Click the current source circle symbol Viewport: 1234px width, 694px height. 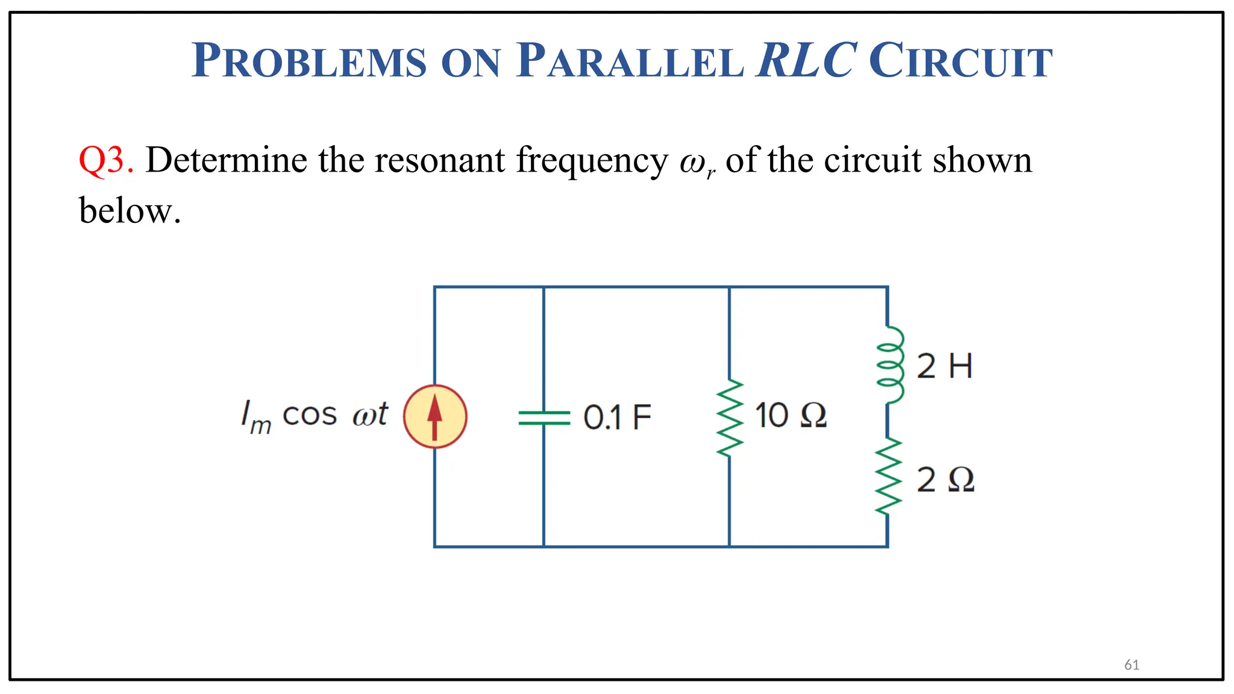click(x=434, y=416)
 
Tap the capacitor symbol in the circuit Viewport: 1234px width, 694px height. click(x=543, y=417)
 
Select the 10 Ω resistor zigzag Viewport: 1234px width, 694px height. click(x=729, y=418)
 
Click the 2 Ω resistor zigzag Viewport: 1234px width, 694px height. click(x=888, y=477)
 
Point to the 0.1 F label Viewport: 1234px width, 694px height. click(x=617, y=417)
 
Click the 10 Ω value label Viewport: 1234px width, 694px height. click(x=790, y=416)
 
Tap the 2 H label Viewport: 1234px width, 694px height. click(x=944, y=366)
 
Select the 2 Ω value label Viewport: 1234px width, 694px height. click(x=945, y=480)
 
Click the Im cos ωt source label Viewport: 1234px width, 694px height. click(x=314, y=416)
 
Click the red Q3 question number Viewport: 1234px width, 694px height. click(x=105, y=160)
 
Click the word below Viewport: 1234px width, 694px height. click(x=130, y=211)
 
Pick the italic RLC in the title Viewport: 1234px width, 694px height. click(x=806, y=60)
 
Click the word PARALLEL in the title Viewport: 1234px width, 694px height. click(x=630, y=61)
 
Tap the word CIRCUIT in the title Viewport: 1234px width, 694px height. click(x=960, y=61)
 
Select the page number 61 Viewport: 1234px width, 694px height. click(x=1132, y=664)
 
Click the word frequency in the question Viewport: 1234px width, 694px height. click(x=592, y=161)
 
